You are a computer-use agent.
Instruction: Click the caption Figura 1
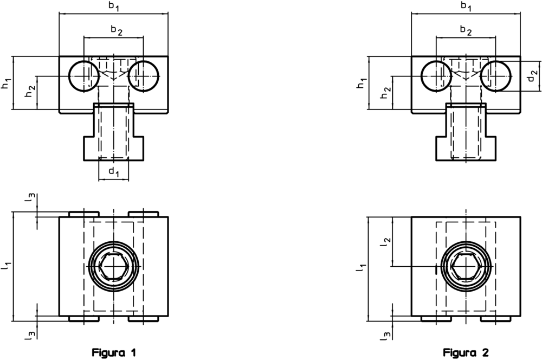click(114, 352)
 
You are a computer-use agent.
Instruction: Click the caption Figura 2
click(466, 352)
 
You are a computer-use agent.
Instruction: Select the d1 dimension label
click(114, 172)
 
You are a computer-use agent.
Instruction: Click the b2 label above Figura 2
click(466, 30)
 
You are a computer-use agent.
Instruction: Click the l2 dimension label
click(385, 242)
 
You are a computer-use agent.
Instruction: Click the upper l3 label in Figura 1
click(33, 198)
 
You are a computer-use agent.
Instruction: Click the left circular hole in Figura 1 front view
click(84, 75)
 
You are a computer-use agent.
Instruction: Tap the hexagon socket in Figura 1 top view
click(113, 267)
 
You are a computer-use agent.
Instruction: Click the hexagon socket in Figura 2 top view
click(466, 267)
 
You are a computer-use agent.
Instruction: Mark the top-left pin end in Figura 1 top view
click(84, 214)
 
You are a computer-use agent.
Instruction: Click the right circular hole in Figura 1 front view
click(144, 75)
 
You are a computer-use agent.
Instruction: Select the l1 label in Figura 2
click(358, 267)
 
